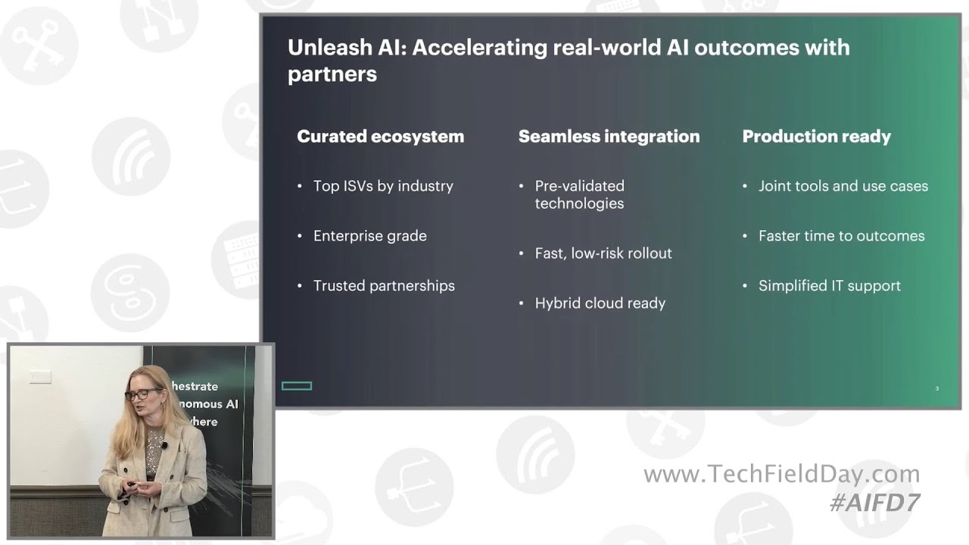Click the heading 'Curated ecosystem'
380,136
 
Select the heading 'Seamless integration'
609,136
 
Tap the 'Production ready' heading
816,136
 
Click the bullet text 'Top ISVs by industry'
383,186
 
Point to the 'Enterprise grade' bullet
369,236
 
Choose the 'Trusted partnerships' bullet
384,286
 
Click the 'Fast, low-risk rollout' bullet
603,254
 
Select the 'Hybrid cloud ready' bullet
600,304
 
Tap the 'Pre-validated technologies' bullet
579,195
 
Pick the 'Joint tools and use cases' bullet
843,186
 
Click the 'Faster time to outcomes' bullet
841,236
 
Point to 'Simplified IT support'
829,286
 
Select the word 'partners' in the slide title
332,74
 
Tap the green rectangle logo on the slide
297,386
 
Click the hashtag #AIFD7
874,503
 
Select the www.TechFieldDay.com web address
781,475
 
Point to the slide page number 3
936,389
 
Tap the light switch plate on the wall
40,376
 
